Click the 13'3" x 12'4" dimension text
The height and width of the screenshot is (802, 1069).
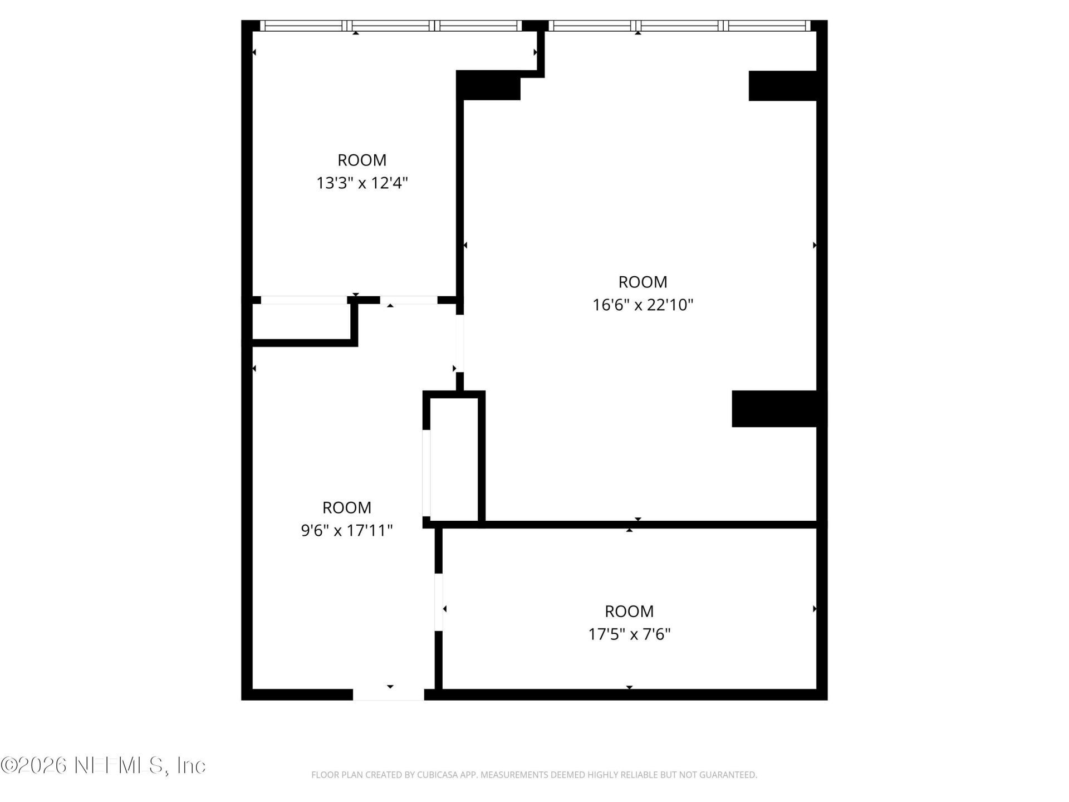362,183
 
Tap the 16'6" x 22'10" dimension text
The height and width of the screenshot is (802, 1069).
643,305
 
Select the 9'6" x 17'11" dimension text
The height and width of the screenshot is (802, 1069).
347,530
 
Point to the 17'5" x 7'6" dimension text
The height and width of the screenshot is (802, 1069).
629,634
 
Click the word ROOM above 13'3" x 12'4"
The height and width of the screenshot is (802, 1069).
362,160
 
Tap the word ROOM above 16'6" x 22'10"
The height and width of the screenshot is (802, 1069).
643,282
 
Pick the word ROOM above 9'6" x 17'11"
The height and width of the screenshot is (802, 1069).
347,507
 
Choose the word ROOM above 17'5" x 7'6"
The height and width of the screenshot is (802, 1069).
629,611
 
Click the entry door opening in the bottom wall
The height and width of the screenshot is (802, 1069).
389,695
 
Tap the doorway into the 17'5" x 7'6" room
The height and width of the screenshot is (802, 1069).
439,602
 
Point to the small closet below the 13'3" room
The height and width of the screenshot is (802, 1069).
302,321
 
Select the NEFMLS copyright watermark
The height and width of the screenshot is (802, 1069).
103,765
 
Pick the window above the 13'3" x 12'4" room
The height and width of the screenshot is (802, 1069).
391,26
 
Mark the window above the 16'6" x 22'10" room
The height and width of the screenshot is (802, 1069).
679,26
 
